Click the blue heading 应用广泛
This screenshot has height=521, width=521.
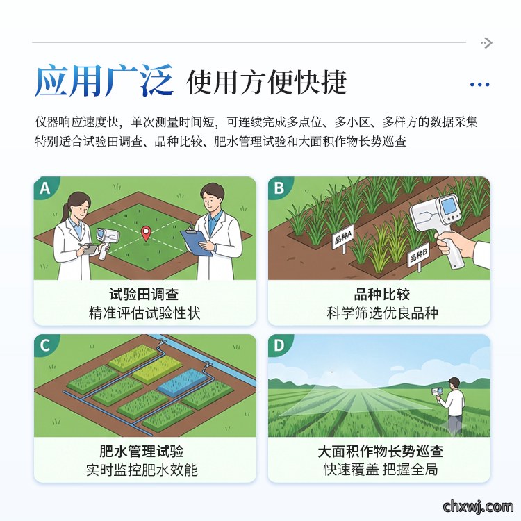click(x=104, y=81)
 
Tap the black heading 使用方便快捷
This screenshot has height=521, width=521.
click(x=267, y=83)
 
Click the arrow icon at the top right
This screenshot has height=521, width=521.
click(x=486, y=43)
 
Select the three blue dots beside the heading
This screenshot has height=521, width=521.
click(x=479, y=85)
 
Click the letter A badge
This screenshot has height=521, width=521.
click(x=45, y=188)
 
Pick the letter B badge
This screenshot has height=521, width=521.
click(x=279, y=188)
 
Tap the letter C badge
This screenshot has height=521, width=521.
click(x=45, y=345)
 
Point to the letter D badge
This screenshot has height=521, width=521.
click(x=279, y=345)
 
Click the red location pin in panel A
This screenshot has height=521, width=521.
click(x=146, y=233)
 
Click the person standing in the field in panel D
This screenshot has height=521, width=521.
click(x=453, y=406)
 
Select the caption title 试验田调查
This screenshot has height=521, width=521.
click(x=144, y=295)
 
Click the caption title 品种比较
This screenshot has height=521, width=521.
click(x=382, y=295)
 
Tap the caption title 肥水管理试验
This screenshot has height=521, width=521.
click(x=142, y=452)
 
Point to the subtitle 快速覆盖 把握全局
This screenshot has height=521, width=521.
click(x=381, y=470)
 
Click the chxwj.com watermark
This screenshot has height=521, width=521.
click(x=478, y=507)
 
